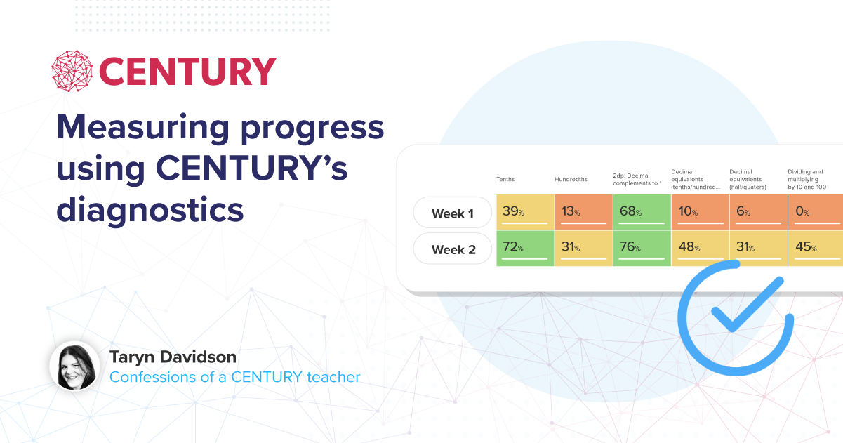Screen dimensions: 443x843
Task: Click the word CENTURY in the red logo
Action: pyautogui.click(x=187, y=72)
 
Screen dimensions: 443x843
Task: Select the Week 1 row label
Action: pyautogui.click(x=453, y=213)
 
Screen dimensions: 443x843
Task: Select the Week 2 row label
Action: pyautogui.click(x=453, y=249)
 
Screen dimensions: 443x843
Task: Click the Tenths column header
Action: pyautogui.click(x=505, y=179)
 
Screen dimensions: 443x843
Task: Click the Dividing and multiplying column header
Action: pyautogui.click(x=805, y=179)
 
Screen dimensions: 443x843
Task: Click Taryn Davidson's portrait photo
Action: pyautogui.click(x=74, y=366)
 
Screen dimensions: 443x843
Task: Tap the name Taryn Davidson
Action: pyautogui.click(x=173, y=357)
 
